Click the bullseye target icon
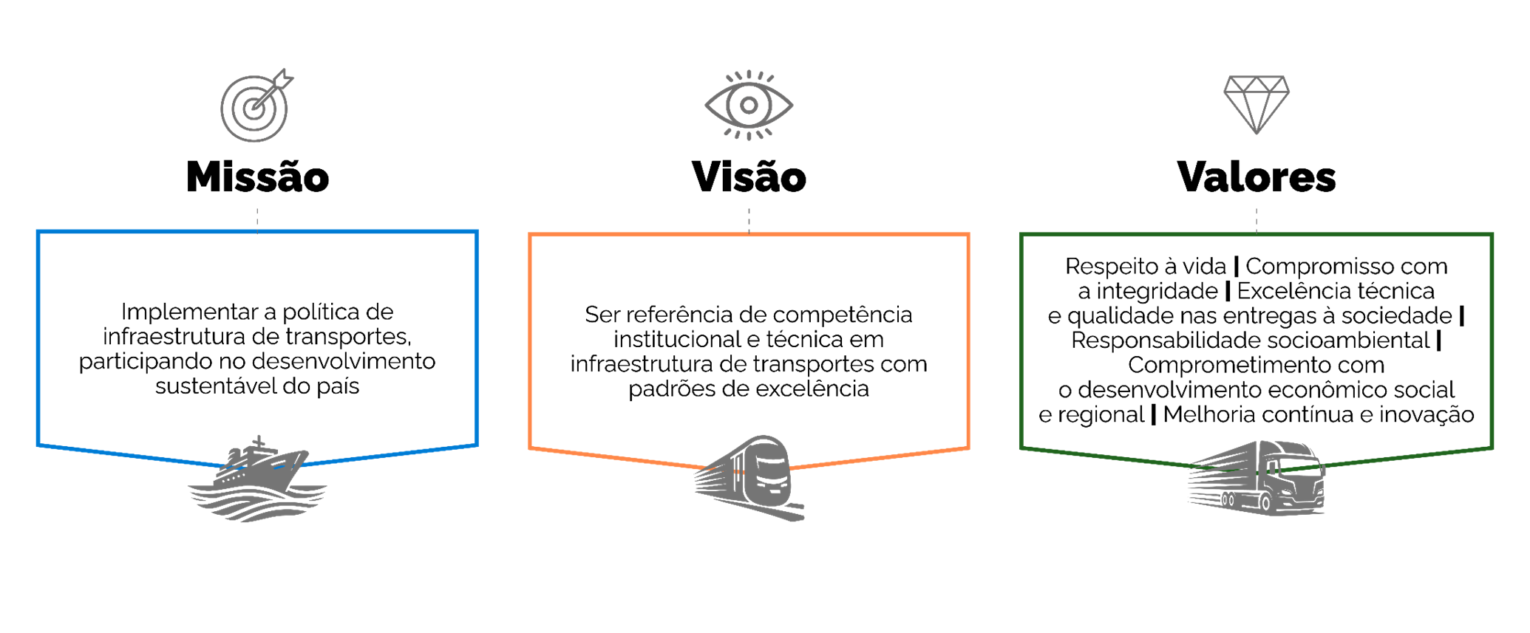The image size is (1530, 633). (254, 109)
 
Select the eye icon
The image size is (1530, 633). (749, 105)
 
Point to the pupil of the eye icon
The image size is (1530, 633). (749, 105)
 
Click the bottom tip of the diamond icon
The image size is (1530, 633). (1257, 133)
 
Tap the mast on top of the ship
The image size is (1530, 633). (258, 441)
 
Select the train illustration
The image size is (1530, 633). (750, 476)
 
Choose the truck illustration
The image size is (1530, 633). (1257, 476)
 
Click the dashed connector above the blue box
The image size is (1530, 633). (257, 219)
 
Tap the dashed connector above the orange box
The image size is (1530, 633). (749, 220)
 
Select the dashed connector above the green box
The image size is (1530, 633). (1257, 220)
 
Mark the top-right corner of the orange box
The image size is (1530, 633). (968, 236)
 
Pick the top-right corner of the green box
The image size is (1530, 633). (1492, 236)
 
